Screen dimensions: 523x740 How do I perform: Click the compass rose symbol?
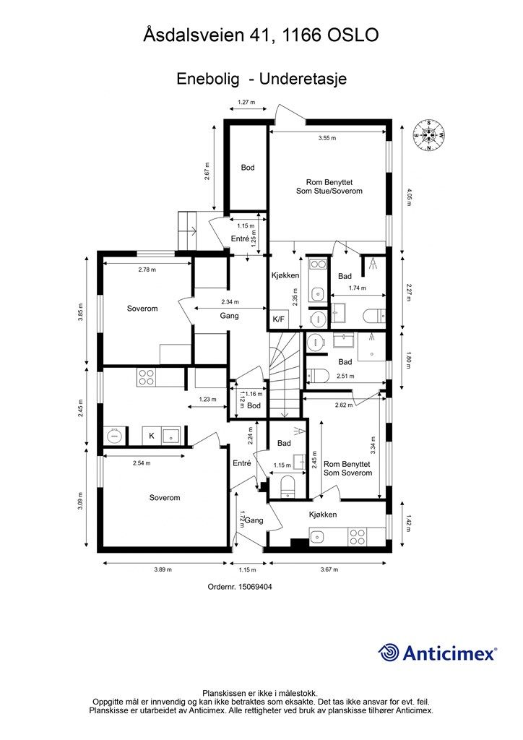tap(428, 134)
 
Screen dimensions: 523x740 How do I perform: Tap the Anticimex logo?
tap(437, 653)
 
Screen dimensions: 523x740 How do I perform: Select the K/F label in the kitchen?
tap(279, 319)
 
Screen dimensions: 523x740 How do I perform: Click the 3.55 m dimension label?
tap(327, 138)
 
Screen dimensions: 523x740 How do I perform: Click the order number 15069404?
tap(240, 587)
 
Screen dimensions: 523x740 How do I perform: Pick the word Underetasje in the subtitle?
tap(303, 79)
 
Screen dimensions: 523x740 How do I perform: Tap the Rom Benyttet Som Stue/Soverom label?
tap(329, 186)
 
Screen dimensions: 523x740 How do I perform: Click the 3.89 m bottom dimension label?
tap(163, 569)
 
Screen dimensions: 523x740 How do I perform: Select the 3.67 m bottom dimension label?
tap(329, 569)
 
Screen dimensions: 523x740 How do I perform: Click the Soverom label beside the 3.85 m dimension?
tap(142, 308)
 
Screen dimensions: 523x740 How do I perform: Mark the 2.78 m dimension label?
tap(147, 270)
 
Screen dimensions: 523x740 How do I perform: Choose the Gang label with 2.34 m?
tap(229, 316)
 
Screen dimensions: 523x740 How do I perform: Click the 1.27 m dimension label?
tap(246, 101)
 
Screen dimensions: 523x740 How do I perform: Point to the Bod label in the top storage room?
tap(248, 167)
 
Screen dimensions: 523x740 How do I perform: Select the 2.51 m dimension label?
tap(345, 376)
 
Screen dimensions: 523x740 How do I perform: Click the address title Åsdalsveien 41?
tap(207, 35)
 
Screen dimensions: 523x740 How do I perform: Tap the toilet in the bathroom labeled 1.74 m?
tap(376, 315)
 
